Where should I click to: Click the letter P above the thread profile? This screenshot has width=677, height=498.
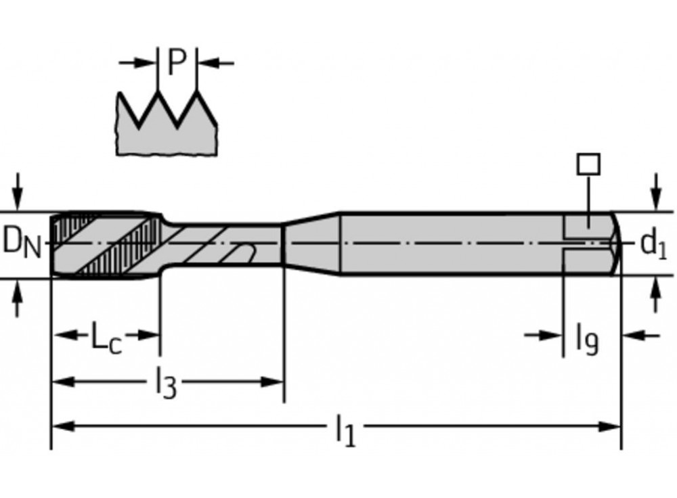pos(177,63)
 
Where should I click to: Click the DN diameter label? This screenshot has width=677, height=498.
pos(21,242)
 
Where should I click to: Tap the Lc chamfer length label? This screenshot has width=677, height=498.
pos(106,336)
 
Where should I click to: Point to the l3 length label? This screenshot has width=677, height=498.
pos(165,384)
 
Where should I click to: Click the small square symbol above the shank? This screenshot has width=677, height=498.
pos(588,164)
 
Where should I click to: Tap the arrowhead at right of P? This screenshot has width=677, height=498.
pos(206,63)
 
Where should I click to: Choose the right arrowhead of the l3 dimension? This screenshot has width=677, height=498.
pos(274,382)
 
